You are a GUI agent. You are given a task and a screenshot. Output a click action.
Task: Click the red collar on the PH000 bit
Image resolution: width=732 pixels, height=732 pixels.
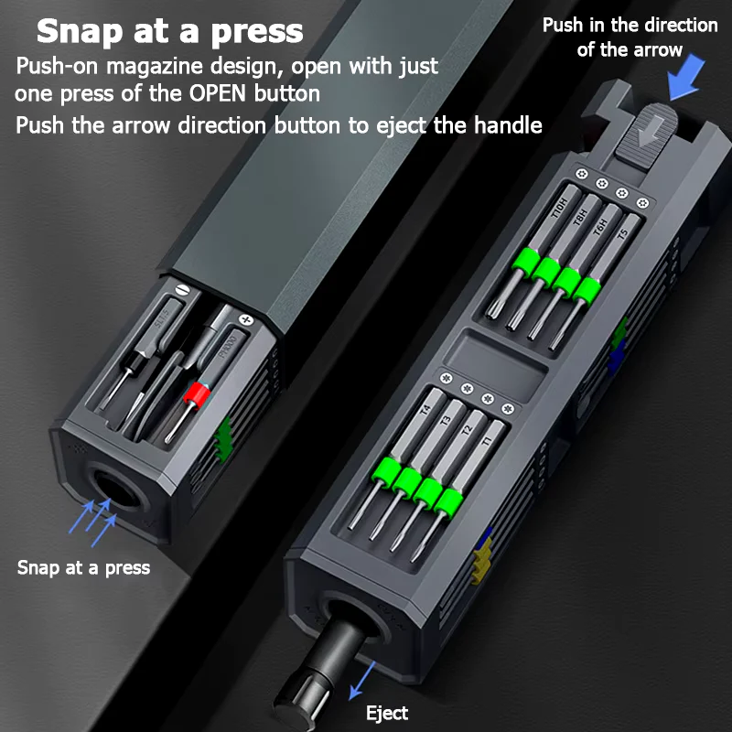click(x=193, y=396)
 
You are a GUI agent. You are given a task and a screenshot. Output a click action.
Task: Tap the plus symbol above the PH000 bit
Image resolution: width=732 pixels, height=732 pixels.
click(x=244, y=320)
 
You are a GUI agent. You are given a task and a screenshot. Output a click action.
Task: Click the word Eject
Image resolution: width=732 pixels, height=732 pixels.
click(x=387, y=713)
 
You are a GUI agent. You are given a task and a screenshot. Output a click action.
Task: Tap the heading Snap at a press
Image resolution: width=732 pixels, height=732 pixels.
click(x=169, y=31)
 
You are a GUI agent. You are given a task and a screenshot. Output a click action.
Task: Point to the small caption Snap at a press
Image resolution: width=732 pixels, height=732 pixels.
click(x=83, y=567)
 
